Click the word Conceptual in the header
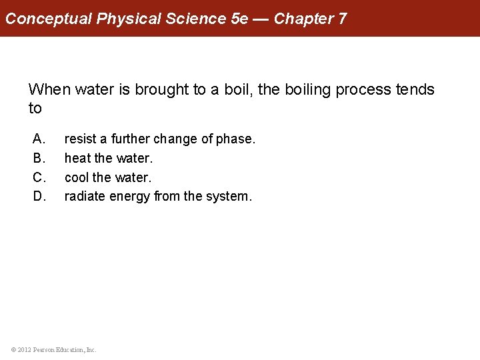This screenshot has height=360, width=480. (x=49, y=19)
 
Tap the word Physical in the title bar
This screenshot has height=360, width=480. (x=129, y=19)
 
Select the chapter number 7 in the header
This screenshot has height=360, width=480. (x=342, y=19)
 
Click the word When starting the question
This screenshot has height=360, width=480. (x=50, y=89)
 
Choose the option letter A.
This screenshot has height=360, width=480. (x=39, y=139)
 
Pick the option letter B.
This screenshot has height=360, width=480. (x=39, y=159)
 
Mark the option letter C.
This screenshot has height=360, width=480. (x=39, y=177)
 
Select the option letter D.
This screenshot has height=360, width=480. (x=39, y=197)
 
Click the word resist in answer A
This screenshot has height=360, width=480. (x=80, y=139)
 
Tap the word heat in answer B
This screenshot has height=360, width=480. (x=77, y=159)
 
